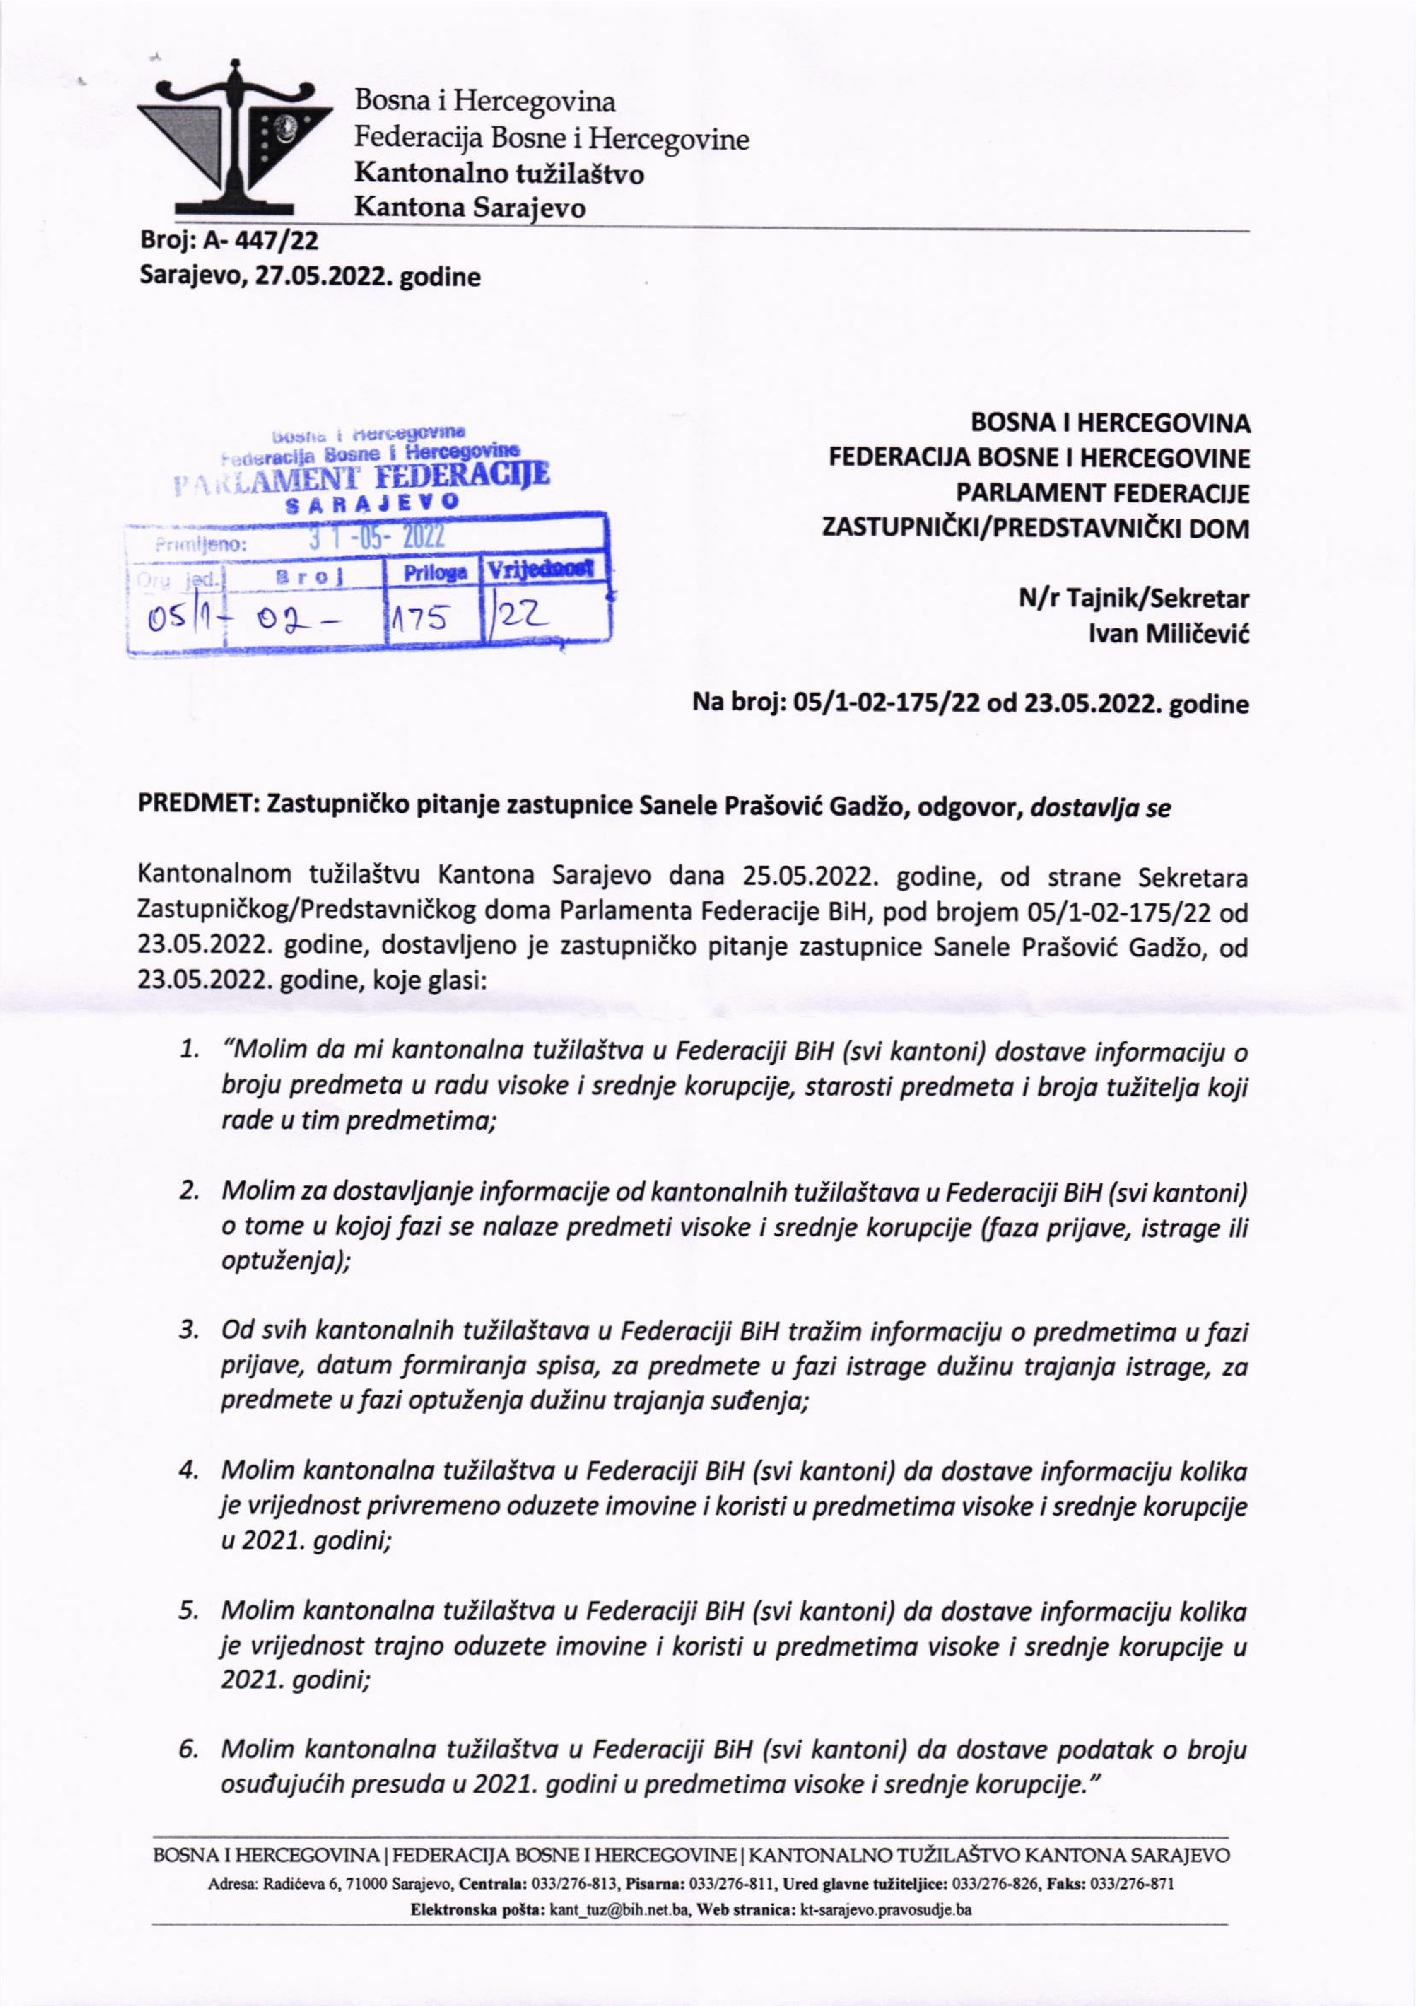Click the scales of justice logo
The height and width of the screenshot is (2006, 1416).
[236, 140]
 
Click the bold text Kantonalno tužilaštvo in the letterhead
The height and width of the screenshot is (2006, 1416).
[498, 174]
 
